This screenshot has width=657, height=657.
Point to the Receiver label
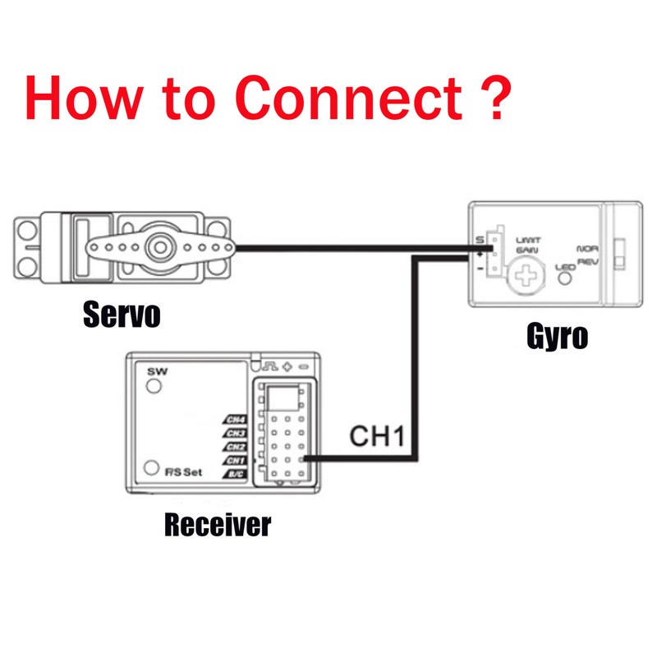[x=217, y=523]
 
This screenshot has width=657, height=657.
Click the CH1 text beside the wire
[x=377, y=436]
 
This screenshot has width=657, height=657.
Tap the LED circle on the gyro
[x=565, y=278]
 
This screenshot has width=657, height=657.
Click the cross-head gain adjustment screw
[x=525, y=273]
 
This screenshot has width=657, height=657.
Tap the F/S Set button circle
[x=150, y=468]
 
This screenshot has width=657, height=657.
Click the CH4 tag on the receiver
[x=236, y=420]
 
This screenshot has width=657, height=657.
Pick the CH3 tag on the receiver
[x=236, y=433]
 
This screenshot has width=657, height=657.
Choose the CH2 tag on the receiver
[x=236, y=447]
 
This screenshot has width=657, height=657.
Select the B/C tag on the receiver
[x=236, y=474]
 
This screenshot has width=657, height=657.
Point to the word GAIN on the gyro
[x=527, y=250]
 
